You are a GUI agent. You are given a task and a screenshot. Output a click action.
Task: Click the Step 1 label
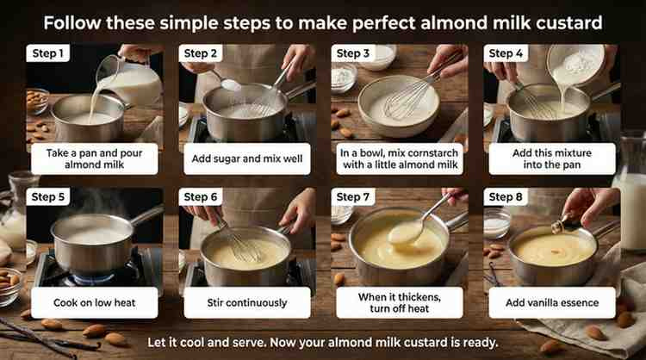(47, 53)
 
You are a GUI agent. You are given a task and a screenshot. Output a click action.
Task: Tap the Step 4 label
(506, 53)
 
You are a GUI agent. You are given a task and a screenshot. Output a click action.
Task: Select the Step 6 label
(200, 197)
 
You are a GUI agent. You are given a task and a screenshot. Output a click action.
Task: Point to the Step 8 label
(506, 197)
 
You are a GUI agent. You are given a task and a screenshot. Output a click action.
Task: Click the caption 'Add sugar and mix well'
(247, 158)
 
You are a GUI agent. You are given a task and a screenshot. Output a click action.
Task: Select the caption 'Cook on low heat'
(95, 303)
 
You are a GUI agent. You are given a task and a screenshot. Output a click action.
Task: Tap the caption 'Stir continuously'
(247, 303)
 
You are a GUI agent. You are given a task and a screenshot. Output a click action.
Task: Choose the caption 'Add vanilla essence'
(552, 303)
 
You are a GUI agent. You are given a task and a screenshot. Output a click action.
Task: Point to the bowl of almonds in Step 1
(37, 101)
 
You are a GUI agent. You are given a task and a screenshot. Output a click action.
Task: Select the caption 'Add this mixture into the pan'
(552, 158)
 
